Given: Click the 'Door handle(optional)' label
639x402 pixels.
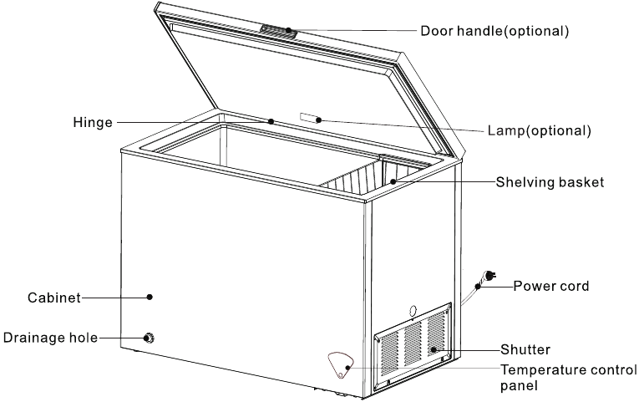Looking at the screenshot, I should [x=494, y=31].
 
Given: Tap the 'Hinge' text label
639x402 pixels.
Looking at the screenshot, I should [x=92, y=123].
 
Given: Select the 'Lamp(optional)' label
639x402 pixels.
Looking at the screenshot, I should [x=539, y=130].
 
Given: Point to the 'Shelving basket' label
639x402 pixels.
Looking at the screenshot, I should [x=549, y=181].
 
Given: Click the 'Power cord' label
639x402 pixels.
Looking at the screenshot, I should [x=550, y=286].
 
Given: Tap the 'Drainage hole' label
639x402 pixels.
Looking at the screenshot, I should [x=49, y=338].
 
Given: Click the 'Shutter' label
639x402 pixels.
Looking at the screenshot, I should [x=525, y=349].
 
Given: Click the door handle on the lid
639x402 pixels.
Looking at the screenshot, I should [x=277, y=29].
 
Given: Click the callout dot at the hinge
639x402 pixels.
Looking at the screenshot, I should [x=271, y=122].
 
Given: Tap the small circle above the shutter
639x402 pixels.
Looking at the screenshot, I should [x=413, y=312].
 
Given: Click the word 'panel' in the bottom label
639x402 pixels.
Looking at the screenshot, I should [x=518, y=387].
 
